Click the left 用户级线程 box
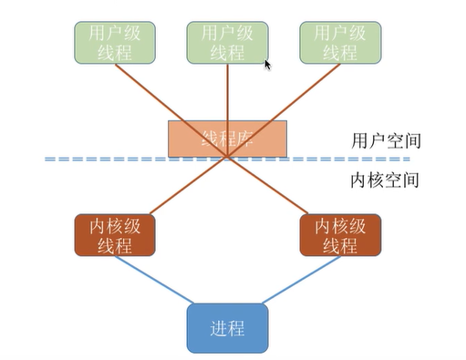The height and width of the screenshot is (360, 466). click(115, 43)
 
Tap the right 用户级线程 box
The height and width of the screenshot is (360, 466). click(340, 43)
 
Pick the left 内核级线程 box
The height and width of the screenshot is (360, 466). click(115, 235)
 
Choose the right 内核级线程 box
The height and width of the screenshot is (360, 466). click(340, 235)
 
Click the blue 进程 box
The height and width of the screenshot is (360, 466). click(228, 327)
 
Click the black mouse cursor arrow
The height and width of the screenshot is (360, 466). click(267, 66)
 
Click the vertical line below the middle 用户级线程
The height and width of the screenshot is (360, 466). click(227, 91)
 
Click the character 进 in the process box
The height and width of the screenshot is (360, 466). click(217, 327)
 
